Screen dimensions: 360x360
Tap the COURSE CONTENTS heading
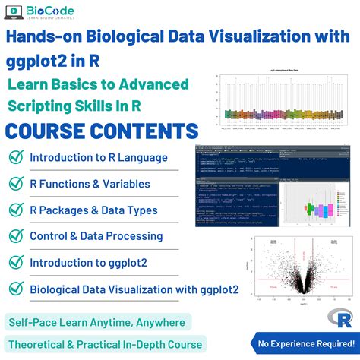(x=103, y=129)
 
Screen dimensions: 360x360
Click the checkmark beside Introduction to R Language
(x=14, y=157)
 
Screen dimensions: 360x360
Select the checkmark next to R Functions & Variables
(x=14, y=184)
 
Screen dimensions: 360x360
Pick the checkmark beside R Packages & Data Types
(x=14, y=210)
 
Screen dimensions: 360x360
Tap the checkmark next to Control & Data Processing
(x=14, y=236)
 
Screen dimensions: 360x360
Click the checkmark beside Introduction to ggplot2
(x=14, y=262)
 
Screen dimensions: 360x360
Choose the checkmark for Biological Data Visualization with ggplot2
(x=14, y=289)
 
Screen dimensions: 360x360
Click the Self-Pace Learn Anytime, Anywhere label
(x=96, y=322)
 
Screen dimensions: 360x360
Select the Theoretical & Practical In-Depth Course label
(x=103, y=344)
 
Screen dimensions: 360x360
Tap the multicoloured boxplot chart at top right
(x=285, y=106)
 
